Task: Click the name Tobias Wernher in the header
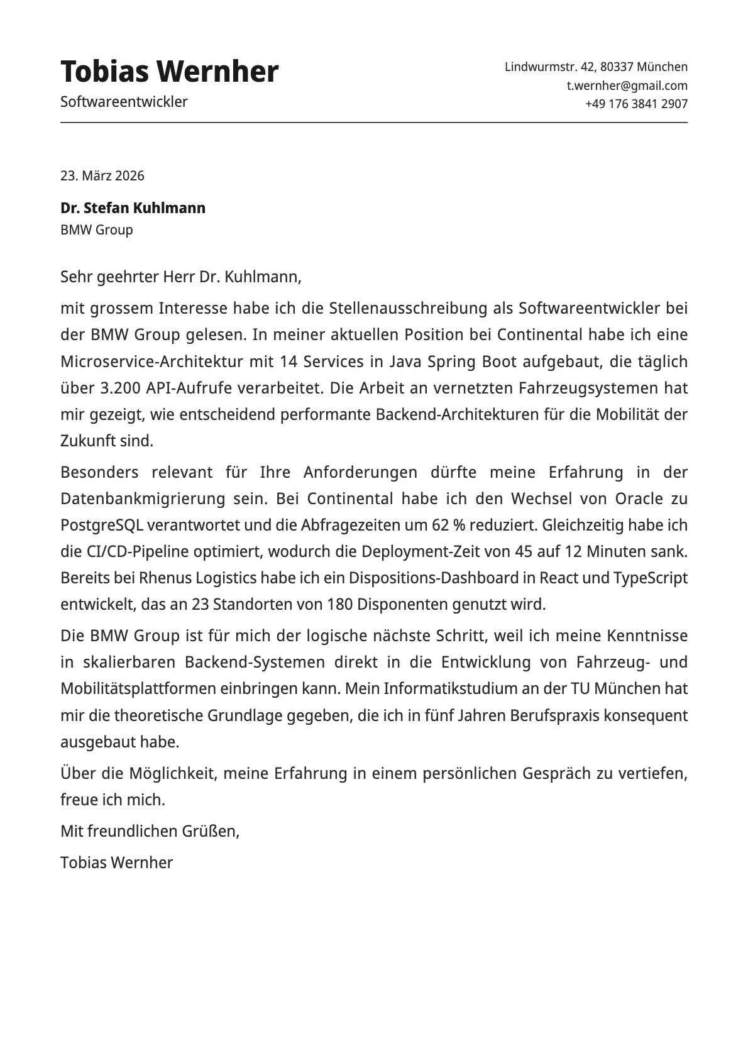(x=169, y=72)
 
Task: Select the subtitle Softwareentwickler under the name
(x=124, y=102)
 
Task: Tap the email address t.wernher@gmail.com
(x=627, y=85)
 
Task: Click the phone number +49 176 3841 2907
(x=636, y=104)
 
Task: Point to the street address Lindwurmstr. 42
(x=549, y=67)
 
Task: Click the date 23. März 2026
(x=102, y=175)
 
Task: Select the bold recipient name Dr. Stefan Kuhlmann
(x=133, y=208)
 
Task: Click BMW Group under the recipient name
(x=96, y=229)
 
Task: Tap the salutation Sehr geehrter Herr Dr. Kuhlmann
(x=180, y=277)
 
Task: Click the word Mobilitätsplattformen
(x=138, y=688)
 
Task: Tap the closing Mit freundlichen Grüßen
(x=150, y=831)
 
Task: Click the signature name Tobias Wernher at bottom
(x=116, y=862)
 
